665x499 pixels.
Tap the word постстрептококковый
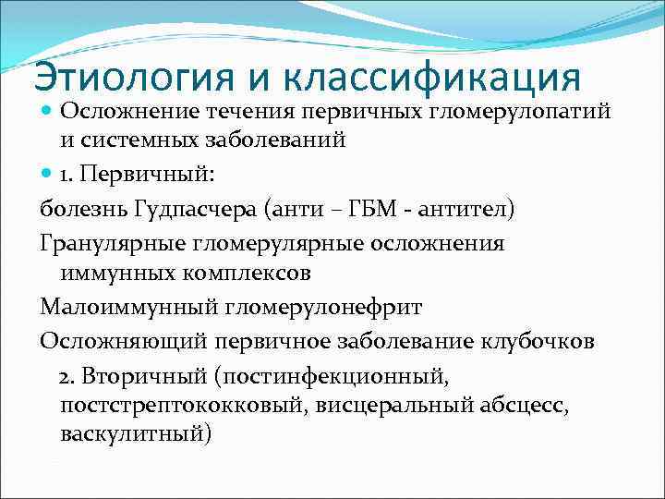tap(185, 405)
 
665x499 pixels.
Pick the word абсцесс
tap(529, 405)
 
